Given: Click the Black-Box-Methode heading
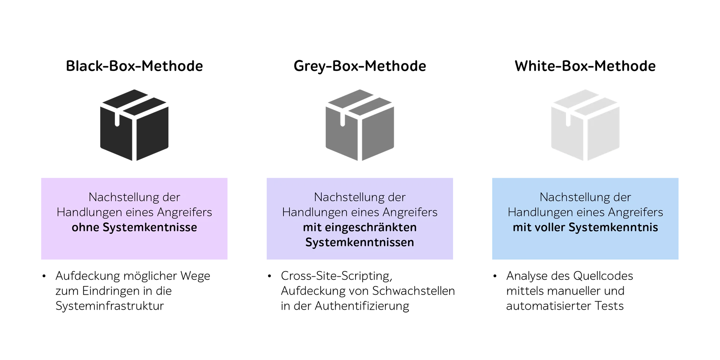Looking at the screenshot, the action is click(134, 66).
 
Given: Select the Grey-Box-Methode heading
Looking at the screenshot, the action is click(360, 66).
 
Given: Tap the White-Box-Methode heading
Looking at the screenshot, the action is click(585, 66).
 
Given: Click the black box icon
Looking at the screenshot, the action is click(134, 125).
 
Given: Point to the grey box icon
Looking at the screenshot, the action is click(360, 125).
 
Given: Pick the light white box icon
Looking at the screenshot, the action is click(585, 125).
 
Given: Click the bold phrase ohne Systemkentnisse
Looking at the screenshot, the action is click(134, 227).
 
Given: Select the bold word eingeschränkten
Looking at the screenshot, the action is click(370, 228).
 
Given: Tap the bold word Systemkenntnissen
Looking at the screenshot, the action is click(360, 243).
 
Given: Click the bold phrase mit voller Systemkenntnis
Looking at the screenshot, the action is click(585, 227).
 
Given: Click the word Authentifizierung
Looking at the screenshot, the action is click(362, 306).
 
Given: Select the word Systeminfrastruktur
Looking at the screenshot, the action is click(109, 306).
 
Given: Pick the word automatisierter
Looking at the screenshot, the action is click(548, 306).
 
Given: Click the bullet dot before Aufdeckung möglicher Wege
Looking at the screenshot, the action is click(44, 276).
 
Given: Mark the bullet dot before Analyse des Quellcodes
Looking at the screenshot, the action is click(495, 276).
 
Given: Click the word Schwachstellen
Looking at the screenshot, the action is click(413, 291).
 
